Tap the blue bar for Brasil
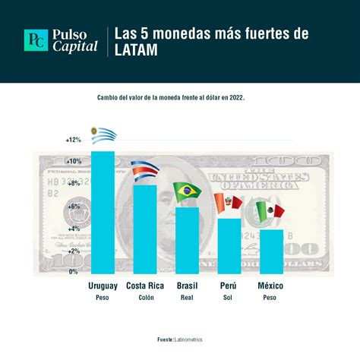click(186, 239)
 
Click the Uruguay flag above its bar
click(103, 135)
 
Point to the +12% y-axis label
click(73, 140)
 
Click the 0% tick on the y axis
click(74, 271)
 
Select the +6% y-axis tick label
click(73, 206)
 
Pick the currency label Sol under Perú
click(228, 297)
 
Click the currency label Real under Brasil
click(186, 297)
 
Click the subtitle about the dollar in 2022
click(181, 97)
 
